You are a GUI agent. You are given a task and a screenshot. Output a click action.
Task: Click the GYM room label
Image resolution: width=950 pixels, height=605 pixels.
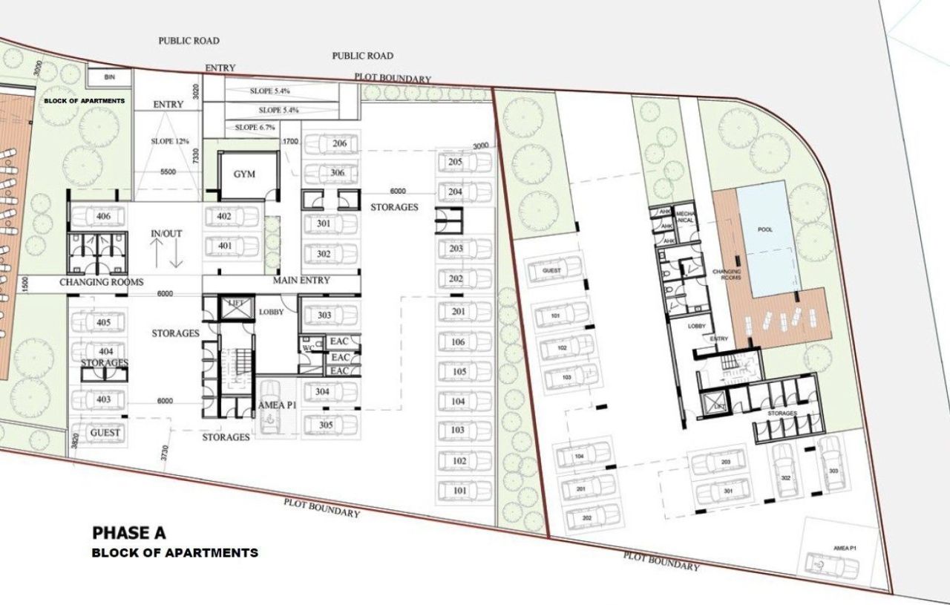click(x=244, y=174)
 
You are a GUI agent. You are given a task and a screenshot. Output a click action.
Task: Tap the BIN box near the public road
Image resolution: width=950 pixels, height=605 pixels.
click(x=110, y=76)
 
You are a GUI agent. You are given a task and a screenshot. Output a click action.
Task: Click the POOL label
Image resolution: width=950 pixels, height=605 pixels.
click(x=764, y=230)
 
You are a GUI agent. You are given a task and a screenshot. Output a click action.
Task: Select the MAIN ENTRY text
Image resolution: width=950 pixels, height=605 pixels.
click(x=301, y=281)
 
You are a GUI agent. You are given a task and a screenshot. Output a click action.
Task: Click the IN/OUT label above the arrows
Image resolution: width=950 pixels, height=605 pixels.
click(x=166, y=233)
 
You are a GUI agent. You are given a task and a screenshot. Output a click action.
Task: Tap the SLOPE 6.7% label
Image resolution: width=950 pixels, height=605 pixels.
click(x=255, y=128)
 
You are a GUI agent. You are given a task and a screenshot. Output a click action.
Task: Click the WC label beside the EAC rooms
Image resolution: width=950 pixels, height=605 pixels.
click(x=308, y=347)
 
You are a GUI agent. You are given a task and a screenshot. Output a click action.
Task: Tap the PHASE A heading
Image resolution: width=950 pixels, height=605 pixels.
click(x=129, y=533)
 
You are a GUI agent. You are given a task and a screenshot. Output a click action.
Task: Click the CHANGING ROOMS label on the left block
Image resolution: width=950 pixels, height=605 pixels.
click(x=101, y=283)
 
